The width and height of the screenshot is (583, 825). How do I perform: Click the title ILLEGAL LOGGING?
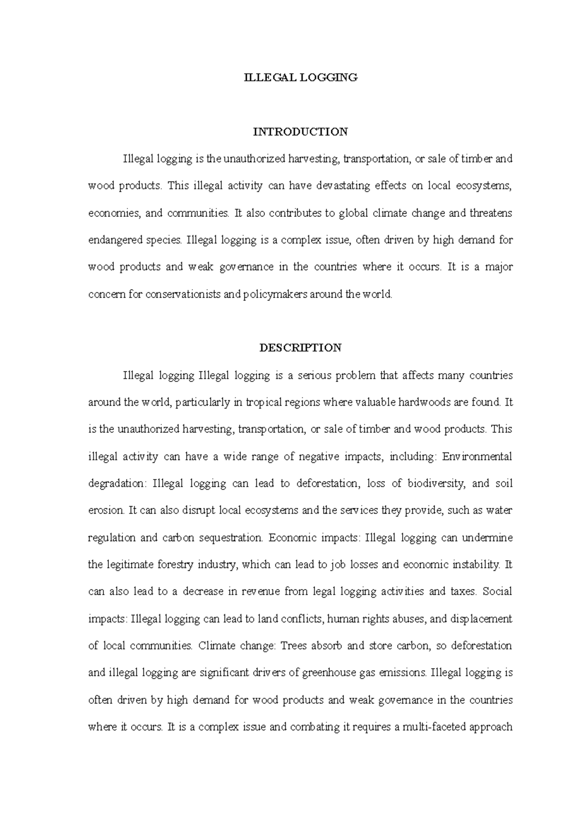coord(301,77)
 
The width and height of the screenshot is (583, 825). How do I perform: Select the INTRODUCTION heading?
coord(300,132)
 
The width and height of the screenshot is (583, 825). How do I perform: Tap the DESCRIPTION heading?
coord(300,348)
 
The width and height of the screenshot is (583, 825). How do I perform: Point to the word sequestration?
coord(231,538)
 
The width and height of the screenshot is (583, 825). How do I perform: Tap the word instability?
coord(476,565)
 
